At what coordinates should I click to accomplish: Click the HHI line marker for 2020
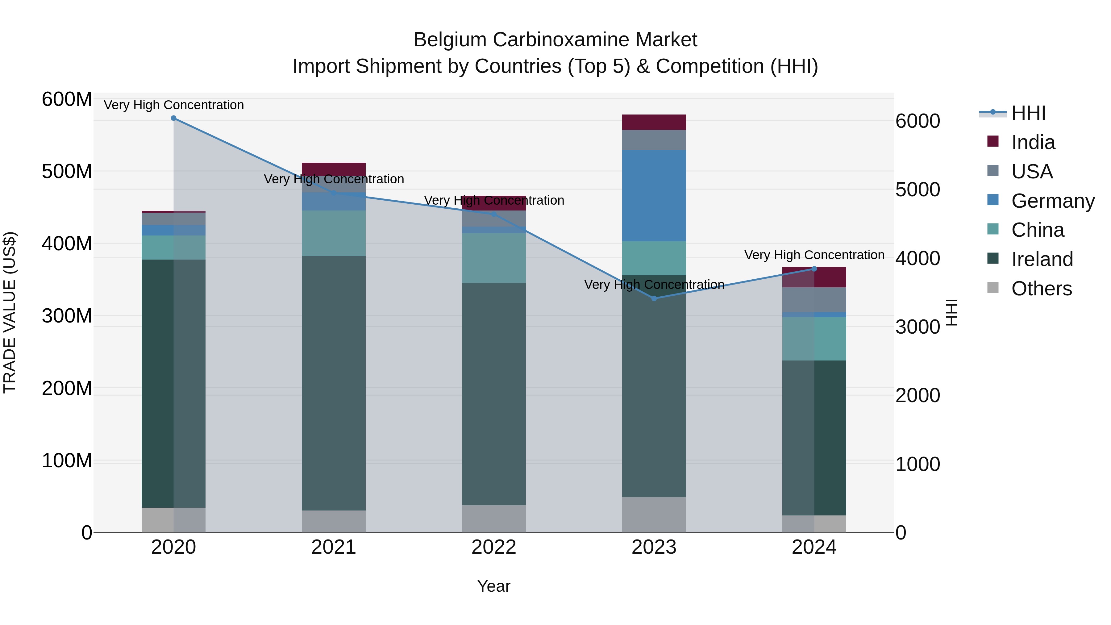(173, 118)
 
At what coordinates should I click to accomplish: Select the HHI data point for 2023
(654, 298)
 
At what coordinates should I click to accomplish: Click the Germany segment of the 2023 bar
(654, 195)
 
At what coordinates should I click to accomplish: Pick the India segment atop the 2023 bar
(654, 122)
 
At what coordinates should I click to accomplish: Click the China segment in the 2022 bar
(494, 258)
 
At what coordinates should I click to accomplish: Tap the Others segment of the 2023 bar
(654, 514)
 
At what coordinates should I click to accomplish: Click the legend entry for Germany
(1052, 201)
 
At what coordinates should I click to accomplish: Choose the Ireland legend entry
(1042, 259)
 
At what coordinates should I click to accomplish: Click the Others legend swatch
(993, 288)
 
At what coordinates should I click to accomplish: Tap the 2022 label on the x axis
(494, 547)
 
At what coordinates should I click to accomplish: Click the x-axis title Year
(494, 586)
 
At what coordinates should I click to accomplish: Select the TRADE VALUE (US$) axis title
(10, 312)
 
